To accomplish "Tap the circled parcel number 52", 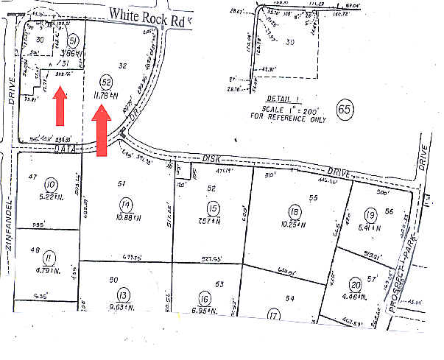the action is pos(107,82).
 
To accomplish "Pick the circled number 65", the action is pos(343,110).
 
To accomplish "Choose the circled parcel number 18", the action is pos(295,210).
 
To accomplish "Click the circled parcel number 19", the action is pos(370,215).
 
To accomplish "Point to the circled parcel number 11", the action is pos(49,258).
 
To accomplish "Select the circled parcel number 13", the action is pos(124,295).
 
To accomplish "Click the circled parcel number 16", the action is pos(205,298).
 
